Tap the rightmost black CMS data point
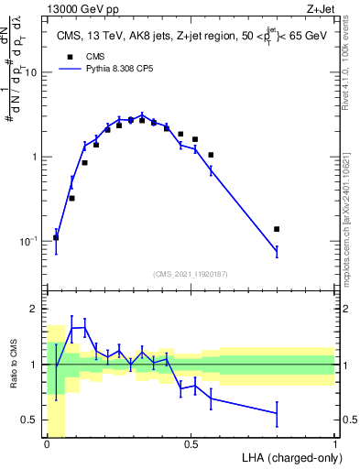coord(277,229)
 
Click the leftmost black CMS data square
coord(56,237)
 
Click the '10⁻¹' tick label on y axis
coord(28,241)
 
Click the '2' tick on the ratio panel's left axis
coord(35,309)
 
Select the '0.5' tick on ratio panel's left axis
coord(30,420)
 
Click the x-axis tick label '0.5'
coord(191,444)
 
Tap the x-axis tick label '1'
coord(334,444)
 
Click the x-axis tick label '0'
coord(48,444)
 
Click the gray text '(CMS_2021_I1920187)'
coord(191,274)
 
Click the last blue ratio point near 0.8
coord(277,413)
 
